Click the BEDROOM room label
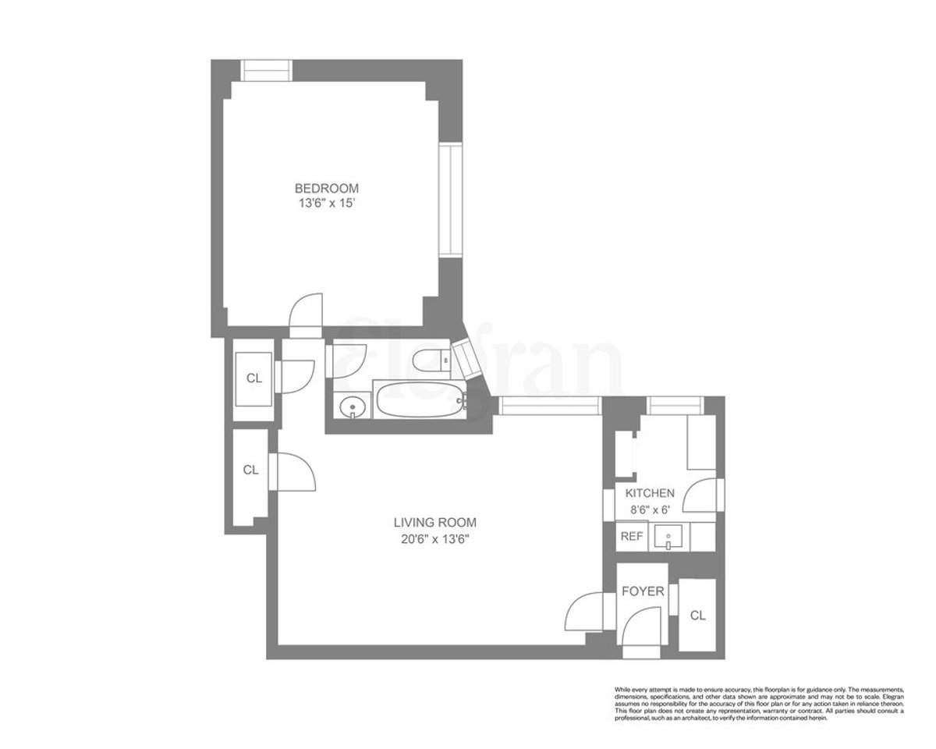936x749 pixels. [x=326, y=188]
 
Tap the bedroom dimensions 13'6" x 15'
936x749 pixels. [x=326, y=204]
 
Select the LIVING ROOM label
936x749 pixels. [x=434, y=522]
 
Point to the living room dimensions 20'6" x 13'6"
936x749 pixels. [x=434, y=538]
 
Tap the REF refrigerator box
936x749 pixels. [x=630, y=537]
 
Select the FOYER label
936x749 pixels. [x=643, y=591]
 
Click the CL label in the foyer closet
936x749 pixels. [x=697, y=616]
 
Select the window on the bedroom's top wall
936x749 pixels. [x=266, y=70]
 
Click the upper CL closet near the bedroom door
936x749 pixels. [x=254, y=378]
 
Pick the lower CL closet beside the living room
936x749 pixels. [x=250, y=470]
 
